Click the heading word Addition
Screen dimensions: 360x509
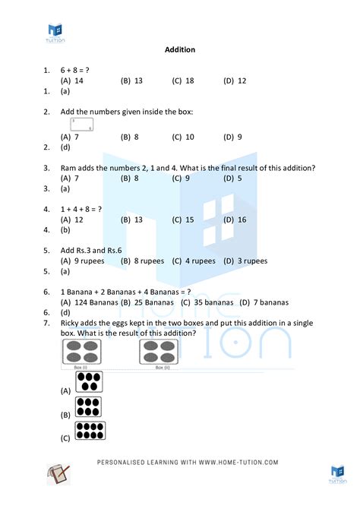click(180, 50)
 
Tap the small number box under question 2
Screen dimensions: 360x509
click(82, 125)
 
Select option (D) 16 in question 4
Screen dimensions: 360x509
click(235, 219)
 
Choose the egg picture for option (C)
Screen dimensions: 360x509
click(90, 432)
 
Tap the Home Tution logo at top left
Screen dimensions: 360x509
click(55, 31)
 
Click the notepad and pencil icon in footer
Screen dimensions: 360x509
click(59, 474)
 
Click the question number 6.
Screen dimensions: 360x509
click(47, 291)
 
